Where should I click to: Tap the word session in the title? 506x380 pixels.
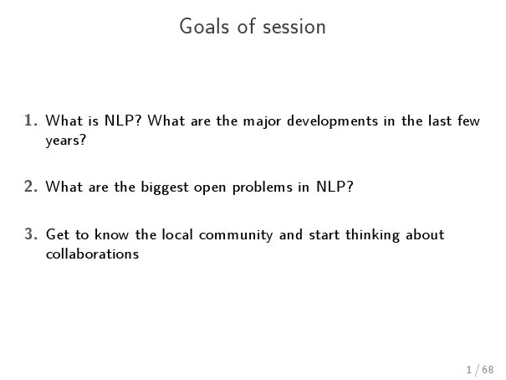[x=294, y=27]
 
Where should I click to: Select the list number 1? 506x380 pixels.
[x=30, y=121]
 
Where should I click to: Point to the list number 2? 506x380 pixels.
[x=30, y=187]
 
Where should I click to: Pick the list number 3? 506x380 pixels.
[x=30, y=234]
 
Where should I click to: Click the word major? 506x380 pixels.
[x=262, y=121]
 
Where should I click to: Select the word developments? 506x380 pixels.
[x=332, y=121]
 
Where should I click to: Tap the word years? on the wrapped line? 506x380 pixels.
[x=66, y=141]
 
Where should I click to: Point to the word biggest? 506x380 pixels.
[x=165, y=187]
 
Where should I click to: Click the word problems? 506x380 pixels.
[x=263, y=187]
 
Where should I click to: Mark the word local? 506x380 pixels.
[x=177, y=234]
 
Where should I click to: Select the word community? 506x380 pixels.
[x=236, y=236]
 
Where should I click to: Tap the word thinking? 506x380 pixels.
[x=372, y=236]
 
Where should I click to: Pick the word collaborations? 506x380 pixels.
[x=92, y=254]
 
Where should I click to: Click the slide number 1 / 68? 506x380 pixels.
[x=480, y=370]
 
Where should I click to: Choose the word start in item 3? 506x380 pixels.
[x=325, y=235]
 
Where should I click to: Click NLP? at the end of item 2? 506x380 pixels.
[x=335, y=187]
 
